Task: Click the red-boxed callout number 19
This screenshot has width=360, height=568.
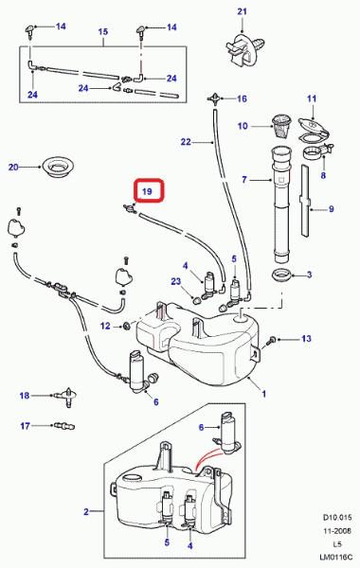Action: click(x=147, y=191)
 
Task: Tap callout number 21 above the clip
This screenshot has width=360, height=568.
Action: click(x=243, y=11)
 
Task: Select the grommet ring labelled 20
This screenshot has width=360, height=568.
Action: click(x=57, y=167)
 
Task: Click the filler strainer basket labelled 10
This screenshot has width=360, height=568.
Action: click(x=281, y=126)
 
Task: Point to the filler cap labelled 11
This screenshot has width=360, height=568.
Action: click(x=313, y=128)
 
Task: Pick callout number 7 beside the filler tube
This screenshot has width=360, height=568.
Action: click(x=244, y=179)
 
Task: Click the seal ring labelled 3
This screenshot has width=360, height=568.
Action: click(x=282, y=275)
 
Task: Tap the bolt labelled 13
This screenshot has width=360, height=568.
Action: click(x=272, y=340)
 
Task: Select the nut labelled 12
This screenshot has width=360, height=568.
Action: click(x=127, y=326)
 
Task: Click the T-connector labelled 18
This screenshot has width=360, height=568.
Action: click(x=67, y=397)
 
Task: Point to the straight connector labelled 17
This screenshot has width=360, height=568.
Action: click(x=63, y=426)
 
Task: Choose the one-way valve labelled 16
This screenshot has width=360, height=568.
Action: click(x=215, y=98)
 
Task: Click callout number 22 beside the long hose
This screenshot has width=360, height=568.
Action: click(x=186, y=142)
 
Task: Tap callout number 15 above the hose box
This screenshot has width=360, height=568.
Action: click(x=103, y=32)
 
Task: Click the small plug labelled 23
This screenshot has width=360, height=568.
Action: click(x=196, y=299)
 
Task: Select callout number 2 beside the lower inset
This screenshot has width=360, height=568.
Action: click(x=86, y=511)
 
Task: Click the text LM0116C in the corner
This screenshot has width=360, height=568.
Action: click(x=335, y=557)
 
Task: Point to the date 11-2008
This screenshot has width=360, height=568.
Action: click(x=337, y=531)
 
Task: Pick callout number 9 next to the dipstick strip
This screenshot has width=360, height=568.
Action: click(x=331, y=209)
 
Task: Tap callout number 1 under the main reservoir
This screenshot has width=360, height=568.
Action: click(x=264, y=394)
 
